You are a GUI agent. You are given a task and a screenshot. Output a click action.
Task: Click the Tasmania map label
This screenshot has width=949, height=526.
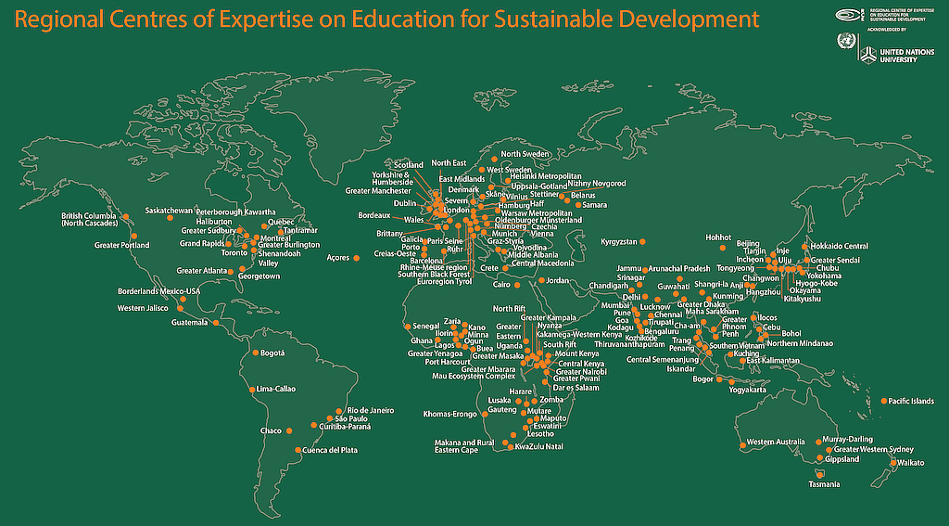pos(824,485)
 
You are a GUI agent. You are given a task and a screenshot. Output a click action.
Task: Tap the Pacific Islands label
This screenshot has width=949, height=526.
pos(911,401)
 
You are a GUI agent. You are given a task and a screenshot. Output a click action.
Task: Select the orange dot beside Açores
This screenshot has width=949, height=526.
pos(356,258)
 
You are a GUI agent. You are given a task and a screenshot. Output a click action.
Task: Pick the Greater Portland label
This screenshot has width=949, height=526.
pos(121,245)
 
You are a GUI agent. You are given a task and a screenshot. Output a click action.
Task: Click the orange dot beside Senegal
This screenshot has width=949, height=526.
pos(407,327)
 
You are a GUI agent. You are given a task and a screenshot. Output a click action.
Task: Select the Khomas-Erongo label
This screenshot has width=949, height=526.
pos(449,413)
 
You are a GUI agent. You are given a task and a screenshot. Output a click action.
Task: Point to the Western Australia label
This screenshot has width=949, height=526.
pos(774,442)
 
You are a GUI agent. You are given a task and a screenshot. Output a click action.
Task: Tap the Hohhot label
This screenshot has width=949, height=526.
pos(718,237)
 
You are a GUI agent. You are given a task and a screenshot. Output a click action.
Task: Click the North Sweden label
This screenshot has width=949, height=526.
pos(525,154)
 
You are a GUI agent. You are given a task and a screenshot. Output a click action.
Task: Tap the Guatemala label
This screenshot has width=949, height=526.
pos(191,323)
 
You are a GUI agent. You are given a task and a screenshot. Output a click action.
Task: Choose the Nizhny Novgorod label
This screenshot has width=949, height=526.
pos(597,184)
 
